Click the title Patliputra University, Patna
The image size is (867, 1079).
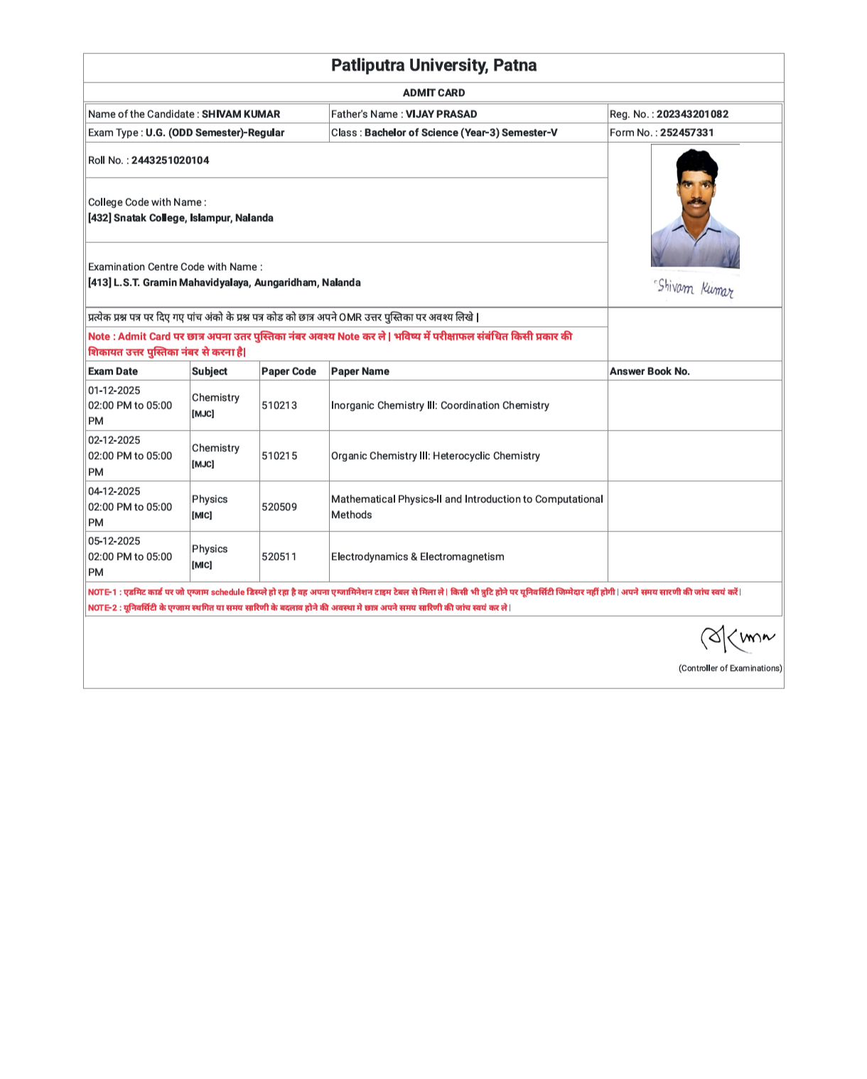coord(433,65)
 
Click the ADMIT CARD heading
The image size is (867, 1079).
coord(433,93)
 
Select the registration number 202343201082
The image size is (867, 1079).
coord(692,114)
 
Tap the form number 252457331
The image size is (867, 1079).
coord(686,133)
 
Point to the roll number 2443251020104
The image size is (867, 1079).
coord(170,161)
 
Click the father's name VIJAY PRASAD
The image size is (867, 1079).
coord(441,114)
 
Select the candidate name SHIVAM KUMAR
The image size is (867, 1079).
coord(240,114)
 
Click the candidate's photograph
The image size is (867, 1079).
coord(695,207)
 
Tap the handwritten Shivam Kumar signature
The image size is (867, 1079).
coord(694,288)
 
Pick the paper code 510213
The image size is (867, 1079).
coord(279,406)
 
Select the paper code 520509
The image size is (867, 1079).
coord(279,507)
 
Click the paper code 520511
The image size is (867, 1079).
coord(279,557)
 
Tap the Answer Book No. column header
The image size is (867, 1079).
coord(650,372)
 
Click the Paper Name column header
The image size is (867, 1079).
coord(360,372)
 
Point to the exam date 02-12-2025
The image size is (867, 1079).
coord(114,440)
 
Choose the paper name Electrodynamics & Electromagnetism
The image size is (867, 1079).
coord(417,557)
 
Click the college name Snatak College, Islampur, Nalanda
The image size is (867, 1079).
coord(193,218)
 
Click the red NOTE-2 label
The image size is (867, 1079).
coord(102,608)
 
